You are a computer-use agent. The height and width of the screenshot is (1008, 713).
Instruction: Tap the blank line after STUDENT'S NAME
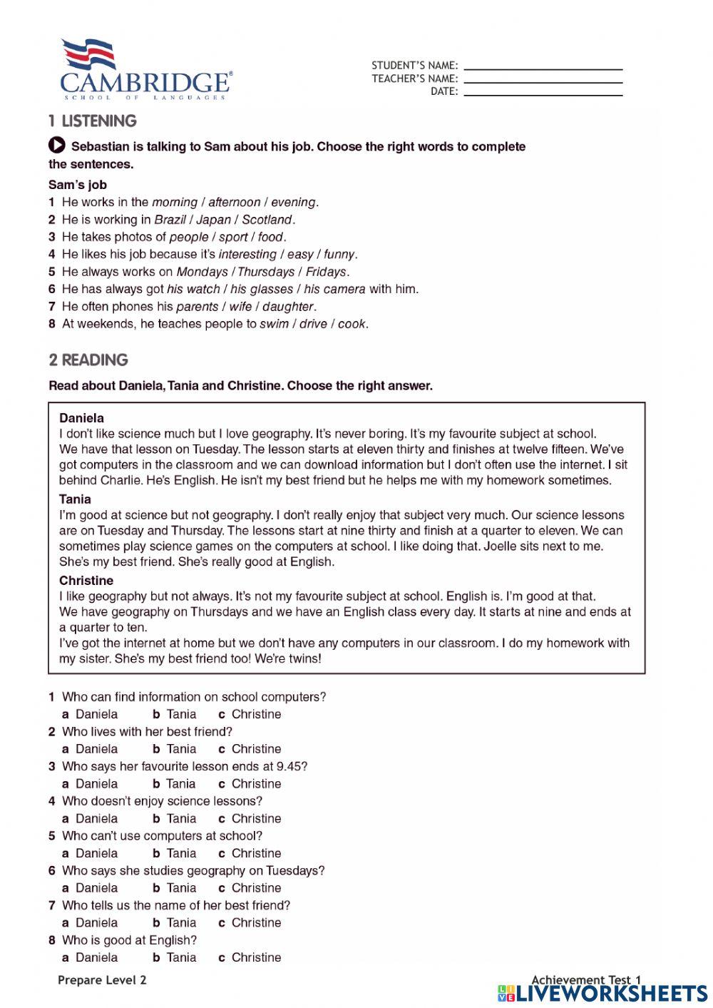[x=543, y=68]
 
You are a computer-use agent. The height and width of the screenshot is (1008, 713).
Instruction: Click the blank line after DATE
[x=543, y=94]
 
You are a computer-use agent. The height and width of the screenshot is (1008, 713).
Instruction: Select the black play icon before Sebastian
[x=57, y=146]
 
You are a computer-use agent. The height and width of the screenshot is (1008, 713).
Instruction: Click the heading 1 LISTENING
[x=93, y=121]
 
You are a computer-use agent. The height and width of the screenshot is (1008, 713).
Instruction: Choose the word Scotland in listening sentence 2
[x=267, y=220]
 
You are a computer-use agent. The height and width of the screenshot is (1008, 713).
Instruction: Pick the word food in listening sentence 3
[x=270, y=237]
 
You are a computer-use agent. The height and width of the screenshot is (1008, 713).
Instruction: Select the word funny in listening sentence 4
[x=339, y=254]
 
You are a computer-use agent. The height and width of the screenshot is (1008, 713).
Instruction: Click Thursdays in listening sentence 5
[x=265, y=272]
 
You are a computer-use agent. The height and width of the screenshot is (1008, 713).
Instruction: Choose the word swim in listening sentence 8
[x=274, y=324]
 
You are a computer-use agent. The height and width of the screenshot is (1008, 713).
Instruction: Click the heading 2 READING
[x=88, y=360]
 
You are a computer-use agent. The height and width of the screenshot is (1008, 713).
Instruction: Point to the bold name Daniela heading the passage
[x=81, y=418]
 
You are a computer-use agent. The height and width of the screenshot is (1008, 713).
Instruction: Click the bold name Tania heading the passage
[x=75, y=499]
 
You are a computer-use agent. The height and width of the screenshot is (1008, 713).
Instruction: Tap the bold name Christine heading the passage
[x=86, y=581]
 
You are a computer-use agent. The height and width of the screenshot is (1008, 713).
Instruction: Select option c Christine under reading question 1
[x=250, y=714]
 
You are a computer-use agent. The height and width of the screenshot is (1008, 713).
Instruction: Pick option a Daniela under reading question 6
[x=90, y=888]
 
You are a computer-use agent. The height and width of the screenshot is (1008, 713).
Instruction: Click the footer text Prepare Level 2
[x=102, y=980]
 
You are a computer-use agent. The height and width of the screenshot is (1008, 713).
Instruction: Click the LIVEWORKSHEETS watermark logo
[x=602, y=993]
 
